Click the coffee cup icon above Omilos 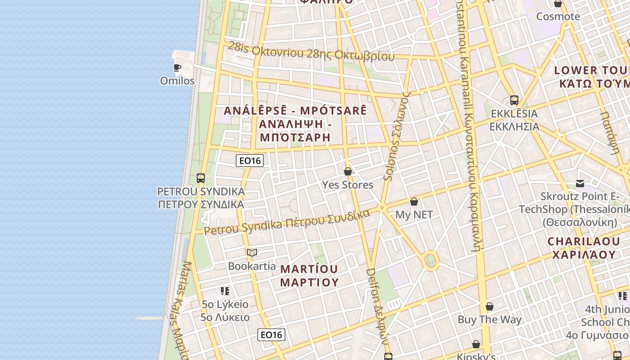tap(177, 68)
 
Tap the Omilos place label tap(177, 81)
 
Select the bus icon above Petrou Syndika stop tap(201, 178)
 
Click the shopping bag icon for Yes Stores tap(347, 171)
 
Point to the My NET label tap(414, 215)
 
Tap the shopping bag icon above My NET tap(414, 202)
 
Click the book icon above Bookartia tap(252, 252)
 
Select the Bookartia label tap(252, 266)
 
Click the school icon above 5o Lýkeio tap(225, 291)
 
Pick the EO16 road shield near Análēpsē tap(249, 161)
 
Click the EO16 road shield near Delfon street tap(271, 335)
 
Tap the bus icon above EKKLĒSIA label tap(514, 100)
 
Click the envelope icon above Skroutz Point tap(580, 184)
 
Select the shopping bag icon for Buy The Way tap(490, 307)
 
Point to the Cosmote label tap(558, 17)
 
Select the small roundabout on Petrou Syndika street tap(382, 208)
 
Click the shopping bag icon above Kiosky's tap(476, 345)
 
